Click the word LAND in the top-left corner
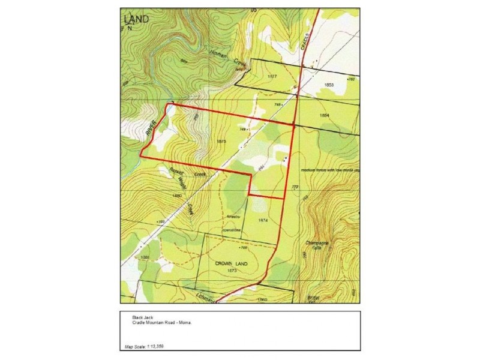pos(137,19)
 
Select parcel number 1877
pos(271,78)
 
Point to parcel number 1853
pos(329,85)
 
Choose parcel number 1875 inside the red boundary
pos(220,140)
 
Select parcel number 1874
pos(262,220)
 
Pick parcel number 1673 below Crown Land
pos(233,271)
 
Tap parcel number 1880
pos(176,196)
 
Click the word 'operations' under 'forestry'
pos(231,230)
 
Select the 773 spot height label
pos(295,188)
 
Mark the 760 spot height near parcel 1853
pos(352,79)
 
